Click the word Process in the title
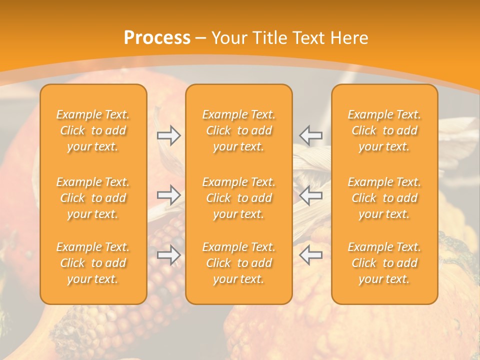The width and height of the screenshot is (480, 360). coord(157,38)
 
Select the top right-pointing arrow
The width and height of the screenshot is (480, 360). coord(168,135)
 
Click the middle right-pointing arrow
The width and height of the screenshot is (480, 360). coord(168,195)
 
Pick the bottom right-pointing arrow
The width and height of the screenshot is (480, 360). coord(168,255)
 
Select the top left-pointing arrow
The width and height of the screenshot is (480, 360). coord(311,135)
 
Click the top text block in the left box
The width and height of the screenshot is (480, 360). coord(93,130)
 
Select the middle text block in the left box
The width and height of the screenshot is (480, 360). coord(93,198)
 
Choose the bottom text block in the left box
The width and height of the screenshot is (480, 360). coord(93,263)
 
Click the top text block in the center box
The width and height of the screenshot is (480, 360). coord(239,130)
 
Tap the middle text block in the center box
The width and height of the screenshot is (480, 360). coord(239,198)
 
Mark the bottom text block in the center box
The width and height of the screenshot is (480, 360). coord(239,263)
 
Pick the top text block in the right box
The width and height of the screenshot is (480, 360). coord(384,130)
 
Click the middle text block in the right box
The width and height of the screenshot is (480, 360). coord(384,198)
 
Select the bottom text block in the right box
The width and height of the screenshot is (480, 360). coord(384,263)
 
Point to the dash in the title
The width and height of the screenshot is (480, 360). coord(201,38)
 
